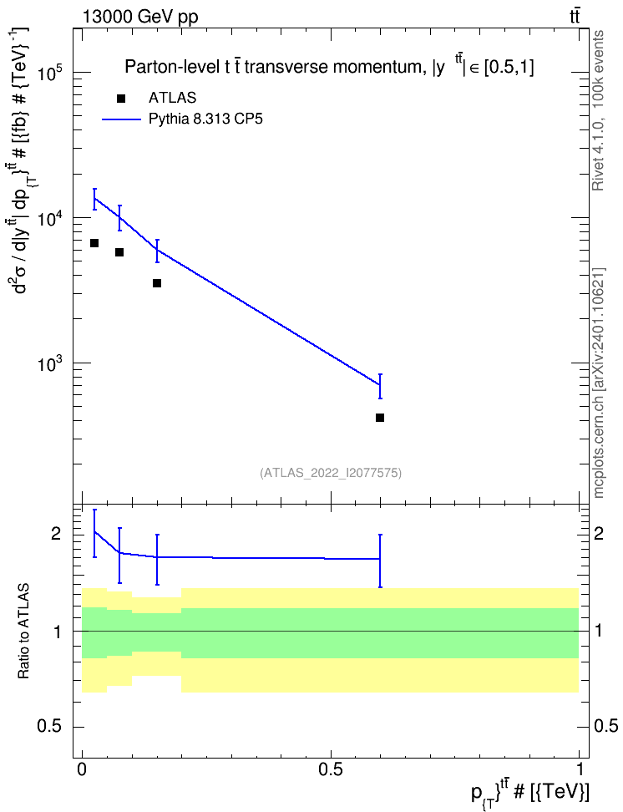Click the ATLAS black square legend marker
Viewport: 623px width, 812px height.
click(120, 99)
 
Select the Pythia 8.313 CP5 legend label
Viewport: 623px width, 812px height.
click(205, 119)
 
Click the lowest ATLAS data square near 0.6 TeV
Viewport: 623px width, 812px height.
click(380, 418)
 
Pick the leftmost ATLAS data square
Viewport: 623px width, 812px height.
click(94, 243)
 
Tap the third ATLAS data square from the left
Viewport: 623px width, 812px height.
click(157, 282)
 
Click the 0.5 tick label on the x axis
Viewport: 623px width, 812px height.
click(331, 769)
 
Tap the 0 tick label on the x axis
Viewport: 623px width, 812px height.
click(82, 769)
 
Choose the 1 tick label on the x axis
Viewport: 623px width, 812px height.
click(579, 769)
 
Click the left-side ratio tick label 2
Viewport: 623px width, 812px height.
click(56, 534)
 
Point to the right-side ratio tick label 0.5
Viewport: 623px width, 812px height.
click(605, 727)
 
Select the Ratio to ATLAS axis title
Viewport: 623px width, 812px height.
click(23, 632)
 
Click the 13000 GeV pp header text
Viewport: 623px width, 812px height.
click(140, 17)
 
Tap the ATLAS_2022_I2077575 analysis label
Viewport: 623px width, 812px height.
click(331, 472)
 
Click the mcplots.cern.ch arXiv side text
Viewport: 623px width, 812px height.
click(599, 383)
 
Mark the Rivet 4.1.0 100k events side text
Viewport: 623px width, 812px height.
click(598, 110)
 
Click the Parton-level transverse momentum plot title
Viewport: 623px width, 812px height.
click(329, 67)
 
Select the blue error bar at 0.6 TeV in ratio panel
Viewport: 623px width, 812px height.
click(380, 561)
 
